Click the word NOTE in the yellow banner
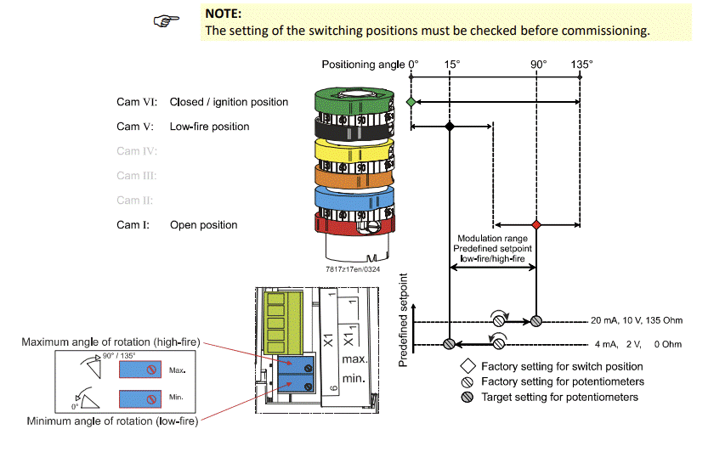click(224, 14)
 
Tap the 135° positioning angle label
click(581, 65)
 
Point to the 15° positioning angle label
click(451, 65)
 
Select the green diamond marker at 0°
click(411, 101)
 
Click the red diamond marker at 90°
click(535, 224)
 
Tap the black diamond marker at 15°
click(450, 127)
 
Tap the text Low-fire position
click(209, 127)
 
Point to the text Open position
click(203, 225)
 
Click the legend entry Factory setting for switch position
click(561, 367)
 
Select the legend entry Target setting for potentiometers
click(559, 397)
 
